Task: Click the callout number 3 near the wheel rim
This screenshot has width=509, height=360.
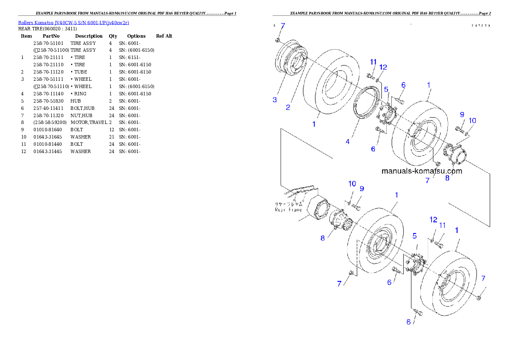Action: pos(275,100)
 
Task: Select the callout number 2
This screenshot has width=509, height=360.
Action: pos(288,107)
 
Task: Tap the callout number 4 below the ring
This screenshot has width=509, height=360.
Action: pos(347,141)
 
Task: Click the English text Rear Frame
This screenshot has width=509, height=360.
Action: pos(288,210)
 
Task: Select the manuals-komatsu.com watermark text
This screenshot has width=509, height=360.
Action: pos(421,171)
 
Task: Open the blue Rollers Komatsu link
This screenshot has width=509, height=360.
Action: pos(74,22)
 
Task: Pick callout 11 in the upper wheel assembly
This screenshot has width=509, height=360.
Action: pos(373,62)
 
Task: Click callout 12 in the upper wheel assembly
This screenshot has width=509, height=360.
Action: pos(383,67)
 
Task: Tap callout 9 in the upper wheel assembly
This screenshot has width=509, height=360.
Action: pos(462,114)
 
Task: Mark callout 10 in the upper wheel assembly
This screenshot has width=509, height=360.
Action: pos(472,121)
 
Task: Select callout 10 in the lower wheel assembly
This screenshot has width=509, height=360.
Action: pos(352,183)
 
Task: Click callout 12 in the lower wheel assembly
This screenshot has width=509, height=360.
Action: pos(433,219)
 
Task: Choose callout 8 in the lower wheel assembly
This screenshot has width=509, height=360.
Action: pos(323,238)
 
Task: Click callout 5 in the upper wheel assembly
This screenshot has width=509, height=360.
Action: pos(386,89)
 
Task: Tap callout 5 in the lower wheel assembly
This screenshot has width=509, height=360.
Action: pos(414,236)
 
